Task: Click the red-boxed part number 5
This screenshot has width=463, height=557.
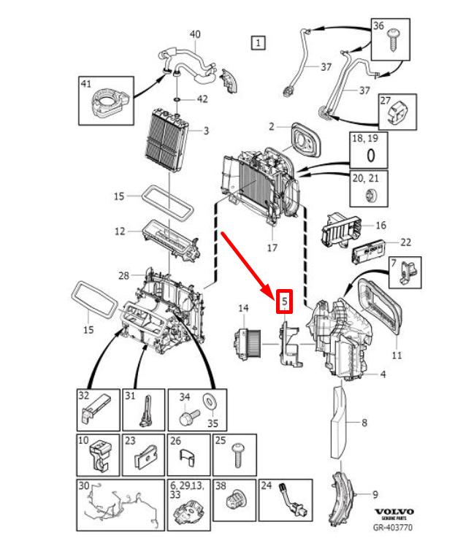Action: coord(285,301)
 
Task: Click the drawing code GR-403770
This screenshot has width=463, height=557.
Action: coord(394,527)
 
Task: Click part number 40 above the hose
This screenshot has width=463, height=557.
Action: coord(195,34)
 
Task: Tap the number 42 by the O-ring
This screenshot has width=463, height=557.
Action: coord(202,99)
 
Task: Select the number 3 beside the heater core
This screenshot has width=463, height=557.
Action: coord(206,131)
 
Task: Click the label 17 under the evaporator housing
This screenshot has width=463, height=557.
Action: coord(272,247)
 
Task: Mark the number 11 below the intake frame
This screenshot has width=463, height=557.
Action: coord(397,355)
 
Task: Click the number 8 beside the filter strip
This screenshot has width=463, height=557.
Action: coord(364,422)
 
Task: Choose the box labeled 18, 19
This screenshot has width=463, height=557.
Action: coord(370,150)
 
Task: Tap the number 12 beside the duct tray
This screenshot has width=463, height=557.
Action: coord(120,231)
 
